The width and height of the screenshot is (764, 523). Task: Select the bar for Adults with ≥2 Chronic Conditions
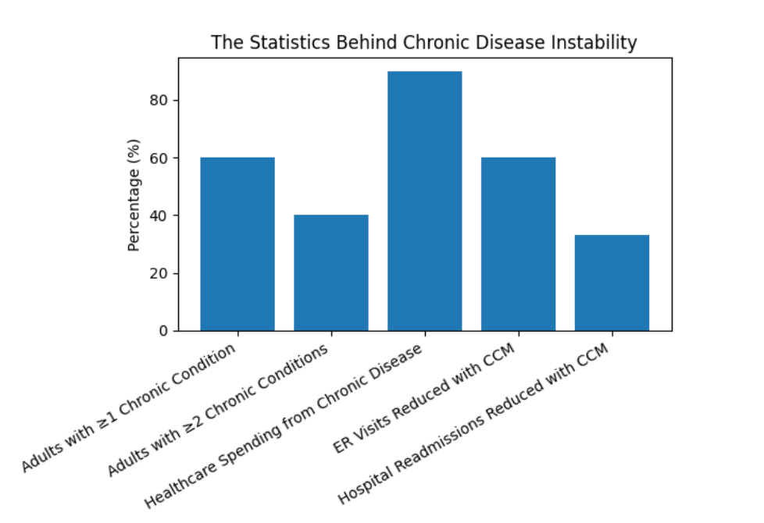click(331, 273)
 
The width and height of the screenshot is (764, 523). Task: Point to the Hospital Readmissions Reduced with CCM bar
click(612, 283)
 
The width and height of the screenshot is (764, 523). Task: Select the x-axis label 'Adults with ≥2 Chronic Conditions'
click(218, 411)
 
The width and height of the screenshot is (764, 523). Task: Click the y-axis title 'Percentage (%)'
click(134, 194)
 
